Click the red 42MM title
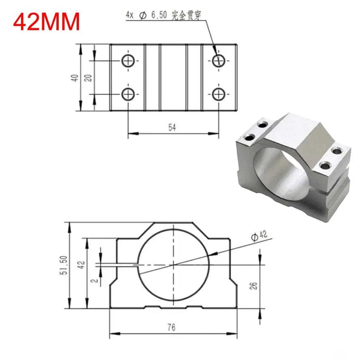46,22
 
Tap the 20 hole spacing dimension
89,77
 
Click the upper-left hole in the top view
128,60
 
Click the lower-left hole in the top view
128,93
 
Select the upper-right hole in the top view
219,60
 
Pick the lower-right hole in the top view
219,93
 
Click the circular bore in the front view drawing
172,265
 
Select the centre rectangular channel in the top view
174,77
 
